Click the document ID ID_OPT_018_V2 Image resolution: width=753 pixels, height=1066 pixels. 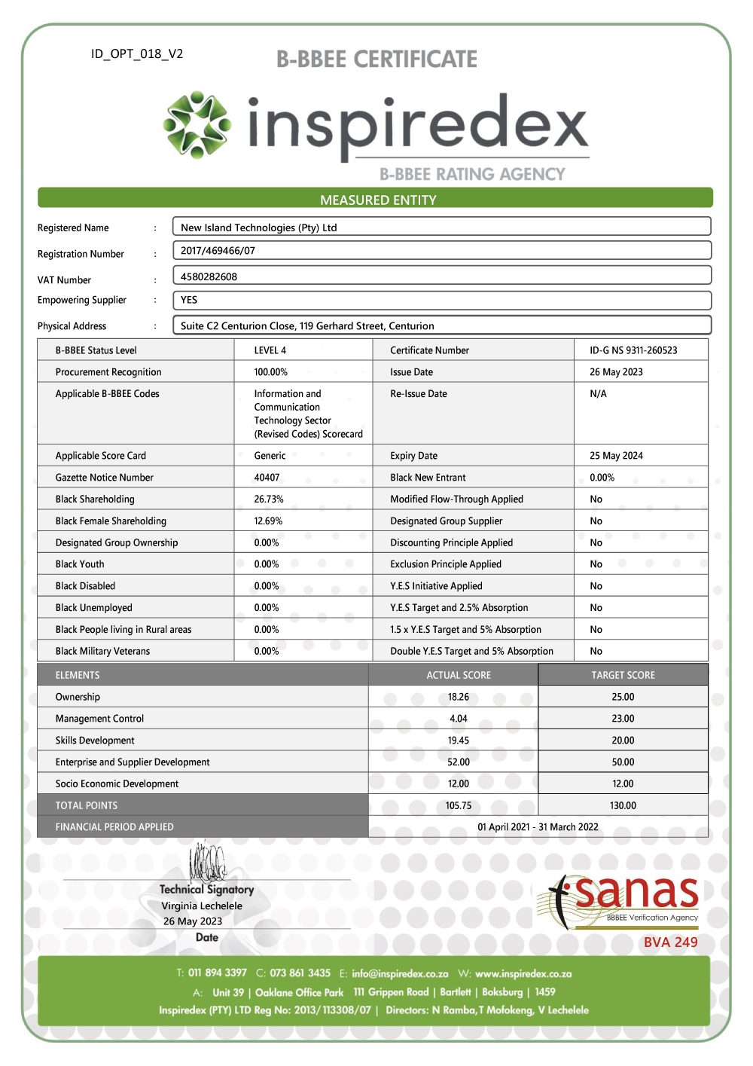point(137,54)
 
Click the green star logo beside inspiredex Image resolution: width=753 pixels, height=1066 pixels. point(197,124)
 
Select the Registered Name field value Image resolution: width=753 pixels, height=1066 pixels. point(258,228)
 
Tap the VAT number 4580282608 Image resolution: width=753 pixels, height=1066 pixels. point(209,276)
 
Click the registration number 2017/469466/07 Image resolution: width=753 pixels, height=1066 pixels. point(218,251)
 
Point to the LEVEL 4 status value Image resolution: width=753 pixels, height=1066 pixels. point(270,350)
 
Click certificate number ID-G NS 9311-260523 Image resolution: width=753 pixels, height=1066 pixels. point(633,350)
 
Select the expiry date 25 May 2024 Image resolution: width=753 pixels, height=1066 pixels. point(616,456)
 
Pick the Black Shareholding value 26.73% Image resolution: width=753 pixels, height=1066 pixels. point(269,499)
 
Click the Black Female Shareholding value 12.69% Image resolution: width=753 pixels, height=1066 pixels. point(268,521)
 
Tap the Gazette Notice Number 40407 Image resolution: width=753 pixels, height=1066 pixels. point(267,478)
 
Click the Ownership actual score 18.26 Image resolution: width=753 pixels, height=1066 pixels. point(458,698)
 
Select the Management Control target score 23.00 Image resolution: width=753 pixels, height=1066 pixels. point(623,719)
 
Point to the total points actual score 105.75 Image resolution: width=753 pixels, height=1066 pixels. point(458,806)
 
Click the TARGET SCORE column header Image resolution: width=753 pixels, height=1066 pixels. point(623,676)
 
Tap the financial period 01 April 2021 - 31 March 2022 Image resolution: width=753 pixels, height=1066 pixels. point(538,827)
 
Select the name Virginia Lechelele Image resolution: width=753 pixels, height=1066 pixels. point(202,906)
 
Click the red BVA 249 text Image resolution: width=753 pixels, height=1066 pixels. point(670,942)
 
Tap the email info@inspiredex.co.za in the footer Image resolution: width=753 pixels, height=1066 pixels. point(400,974)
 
